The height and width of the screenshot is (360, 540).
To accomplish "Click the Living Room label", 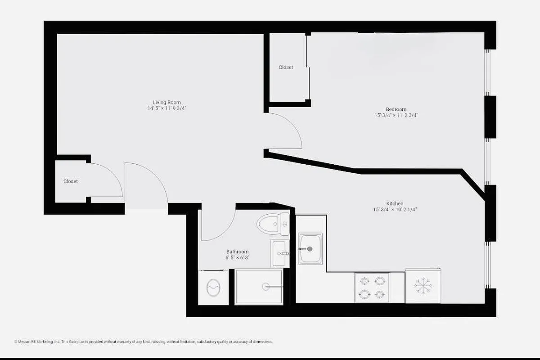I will coord(166,102).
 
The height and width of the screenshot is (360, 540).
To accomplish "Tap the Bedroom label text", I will coord(396,109).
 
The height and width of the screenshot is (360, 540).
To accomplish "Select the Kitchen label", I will coord(395,203).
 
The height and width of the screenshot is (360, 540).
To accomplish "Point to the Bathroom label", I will coord(237,252).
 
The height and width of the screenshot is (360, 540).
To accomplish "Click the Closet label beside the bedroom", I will coord(286,67).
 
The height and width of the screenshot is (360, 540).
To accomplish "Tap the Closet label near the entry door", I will coord(71,181).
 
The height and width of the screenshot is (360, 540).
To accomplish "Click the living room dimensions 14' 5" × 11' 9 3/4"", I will coord(166,108).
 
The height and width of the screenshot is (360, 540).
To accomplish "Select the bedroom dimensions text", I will coord(396,116).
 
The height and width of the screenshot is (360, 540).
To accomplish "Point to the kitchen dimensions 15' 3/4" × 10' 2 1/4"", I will coord(395,210).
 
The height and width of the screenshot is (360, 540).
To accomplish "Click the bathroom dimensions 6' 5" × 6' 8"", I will coord(237,258).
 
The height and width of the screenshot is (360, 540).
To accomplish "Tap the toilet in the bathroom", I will coord(273,224).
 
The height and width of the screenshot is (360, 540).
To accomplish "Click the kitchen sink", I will coord(310,248).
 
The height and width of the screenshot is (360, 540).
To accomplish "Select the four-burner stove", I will coord(372,288).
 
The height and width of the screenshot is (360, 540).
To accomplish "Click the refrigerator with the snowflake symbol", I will coord(423,286).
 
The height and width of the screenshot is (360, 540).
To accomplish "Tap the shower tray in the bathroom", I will coord(259,286).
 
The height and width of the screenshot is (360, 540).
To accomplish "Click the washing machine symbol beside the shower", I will coord(213,287).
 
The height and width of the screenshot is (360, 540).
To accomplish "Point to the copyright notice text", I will coord(144,342).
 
